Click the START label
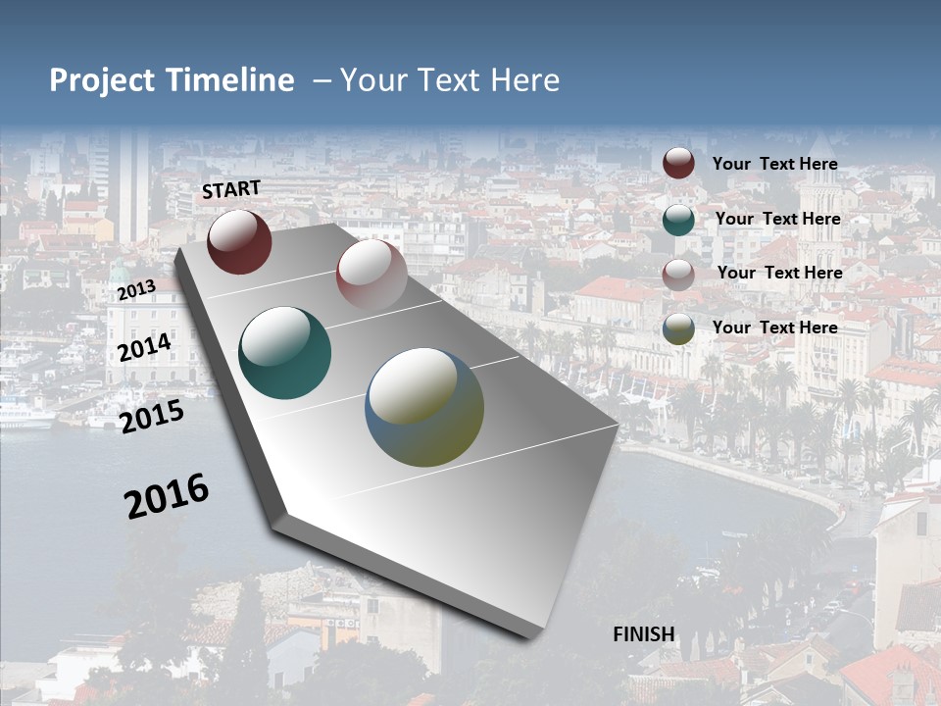point(231,189)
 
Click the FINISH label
point(644,634)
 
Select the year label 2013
point(136,290)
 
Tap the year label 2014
point(144,348)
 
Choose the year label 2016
point(167,496)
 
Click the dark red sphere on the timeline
point(239,241)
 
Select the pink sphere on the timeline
point(371,276)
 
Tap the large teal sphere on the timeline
point(284,353)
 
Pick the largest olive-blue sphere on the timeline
point(423,407)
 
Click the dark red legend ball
point(678,163)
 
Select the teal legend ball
point(678,219)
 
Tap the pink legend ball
point(678,274)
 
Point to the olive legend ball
point(678,328)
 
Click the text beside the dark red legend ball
point(774,165)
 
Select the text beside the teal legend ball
point(777,219)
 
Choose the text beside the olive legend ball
point(774,328)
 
